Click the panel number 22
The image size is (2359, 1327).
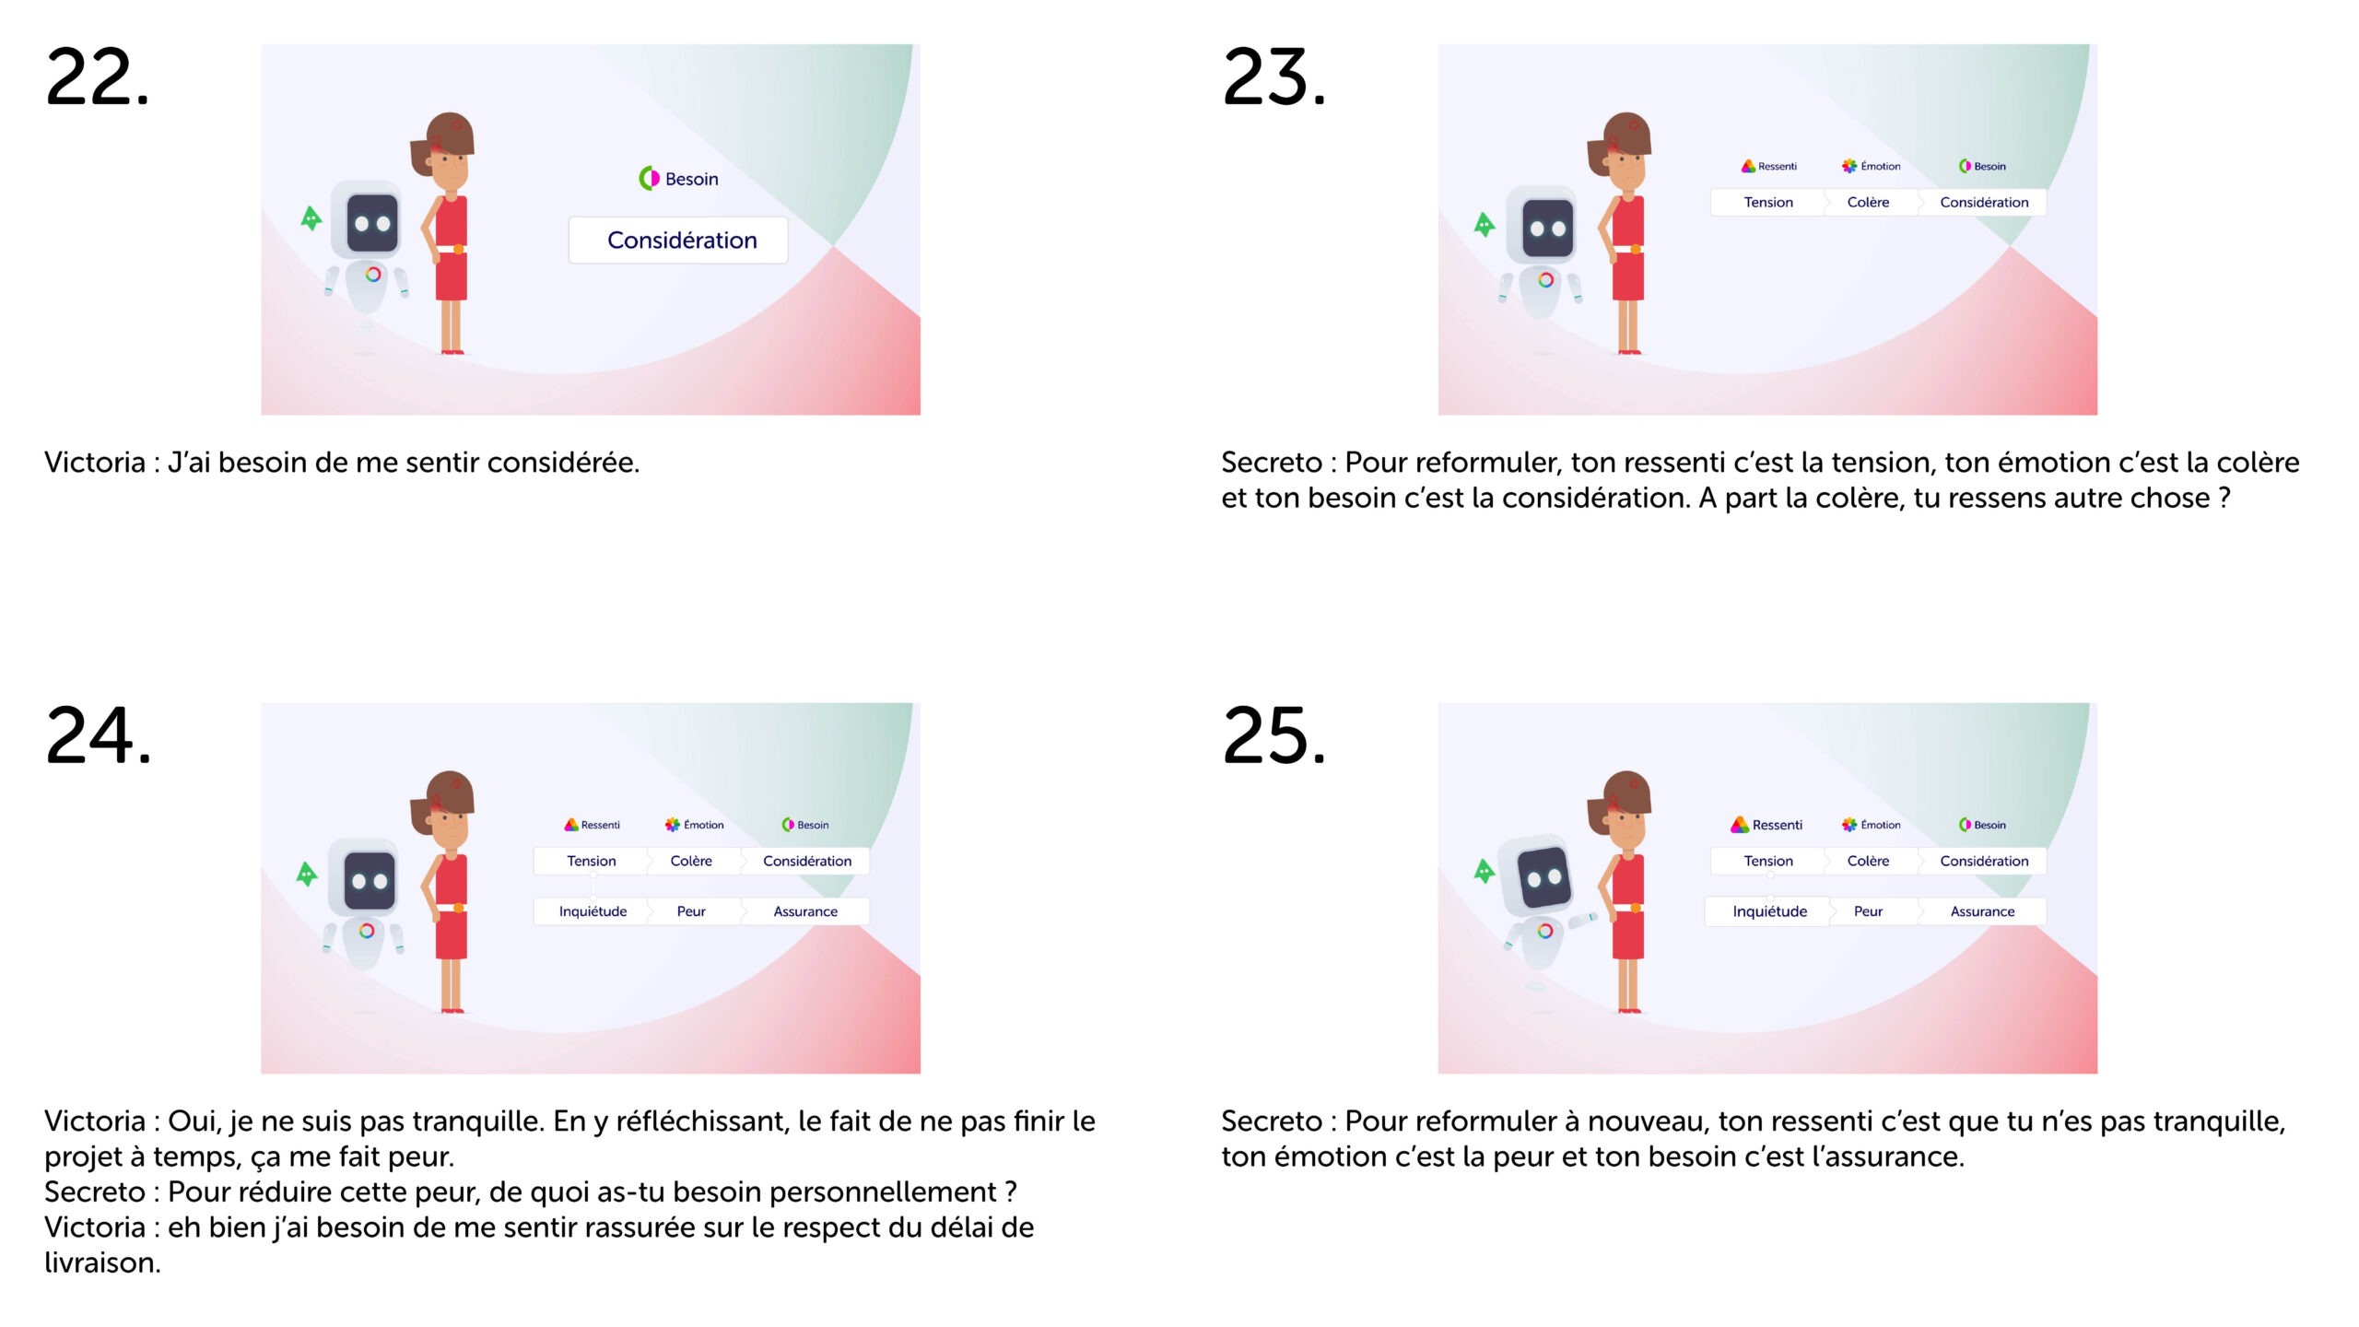97,77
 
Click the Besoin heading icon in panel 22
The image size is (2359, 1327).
649,178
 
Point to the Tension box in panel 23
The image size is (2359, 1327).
1767,203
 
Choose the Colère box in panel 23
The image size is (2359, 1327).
1869,203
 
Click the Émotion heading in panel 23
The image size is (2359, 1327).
1871,166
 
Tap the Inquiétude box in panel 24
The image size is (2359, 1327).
592,911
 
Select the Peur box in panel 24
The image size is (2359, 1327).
692,911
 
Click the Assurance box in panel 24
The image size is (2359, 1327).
805,911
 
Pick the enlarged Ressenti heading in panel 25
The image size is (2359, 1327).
1766,825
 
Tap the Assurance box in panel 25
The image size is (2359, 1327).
1982,911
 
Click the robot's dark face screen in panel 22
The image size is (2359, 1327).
372,223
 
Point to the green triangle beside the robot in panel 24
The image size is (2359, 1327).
307,874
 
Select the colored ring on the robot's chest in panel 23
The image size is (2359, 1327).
1545,279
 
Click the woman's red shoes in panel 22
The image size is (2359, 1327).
452,351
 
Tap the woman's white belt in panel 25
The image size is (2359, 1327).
1628,908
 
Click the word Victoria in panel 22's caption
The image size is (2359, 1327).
95,463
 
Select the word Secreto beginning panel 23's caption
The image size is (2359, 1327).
1272,463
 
